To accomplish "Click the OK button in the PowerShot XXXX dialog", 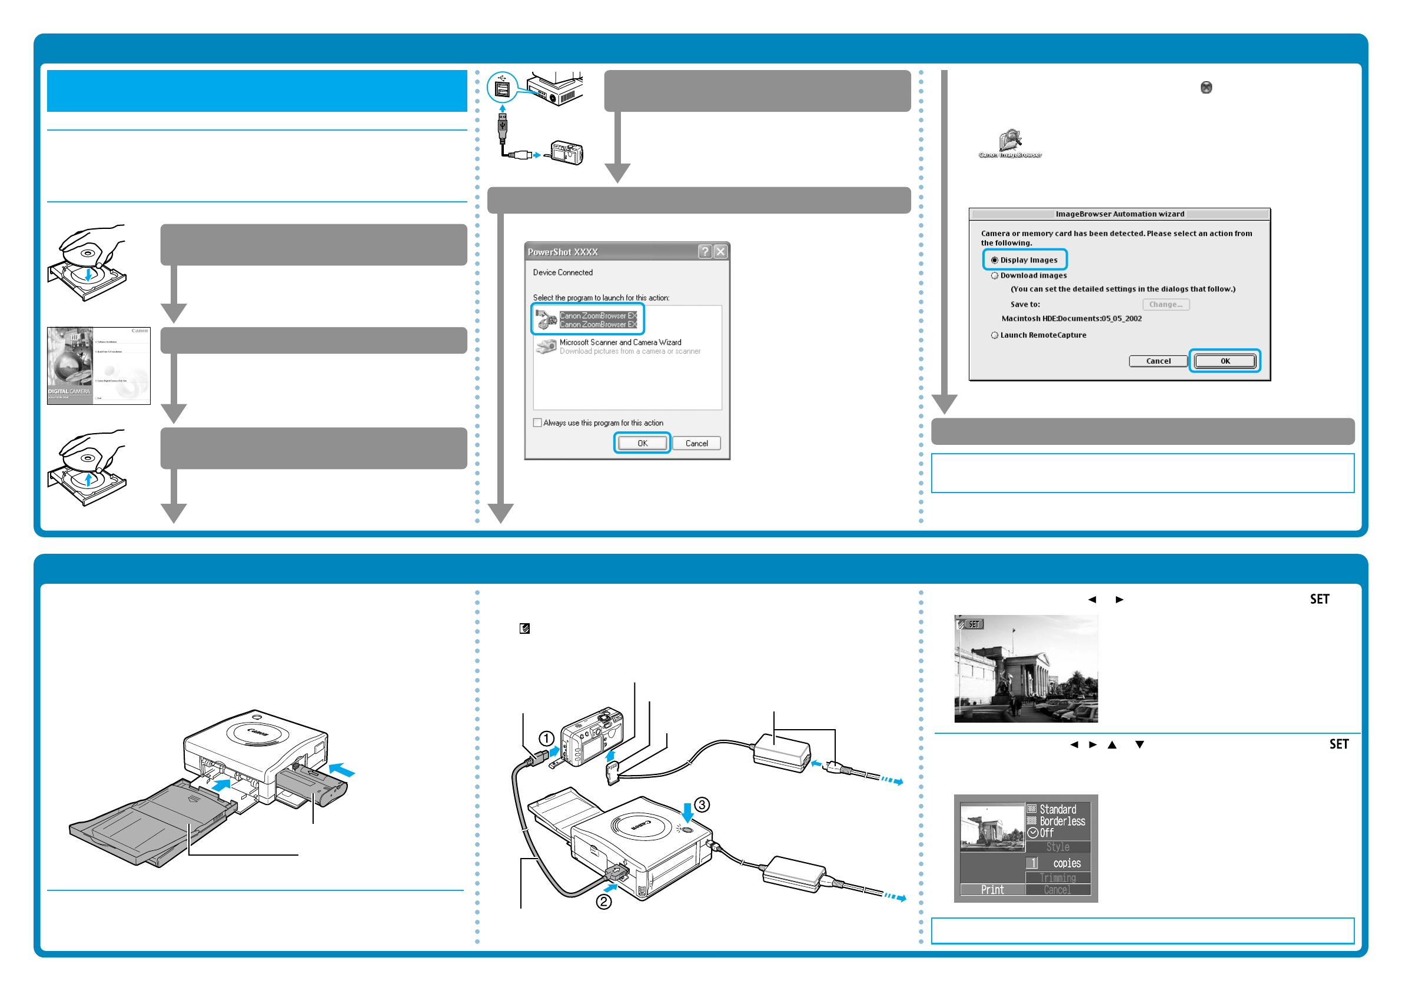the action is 642,443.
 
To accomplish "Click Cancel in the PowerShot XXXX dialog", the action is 696,443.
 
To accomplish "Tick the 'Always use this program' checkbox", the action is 537,423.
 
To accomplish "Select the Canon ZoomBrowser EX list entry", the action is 598,320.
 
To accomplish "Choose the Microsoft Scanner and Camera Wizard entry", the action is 620,342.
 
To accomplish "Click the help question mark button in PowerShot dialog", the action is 705,251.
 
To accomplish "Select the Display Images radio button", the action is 995,260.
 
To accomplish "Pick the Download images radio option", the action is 995,275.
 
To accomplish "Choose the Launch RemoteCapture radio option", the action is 995,335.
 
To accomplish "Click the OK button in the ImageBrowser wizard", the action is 1225,361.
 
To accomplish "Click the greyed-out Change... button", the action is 1166,304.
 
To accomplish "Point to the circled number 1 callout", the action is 546,739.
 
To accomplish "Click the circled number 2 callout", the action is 604,901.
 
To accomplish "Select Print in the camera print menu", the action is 992,890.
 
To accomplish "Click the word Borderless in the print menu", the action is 1062,822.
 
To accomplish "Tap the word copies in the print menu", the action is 1067,863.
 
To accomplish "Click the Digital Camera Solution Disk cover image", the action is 98,366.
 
